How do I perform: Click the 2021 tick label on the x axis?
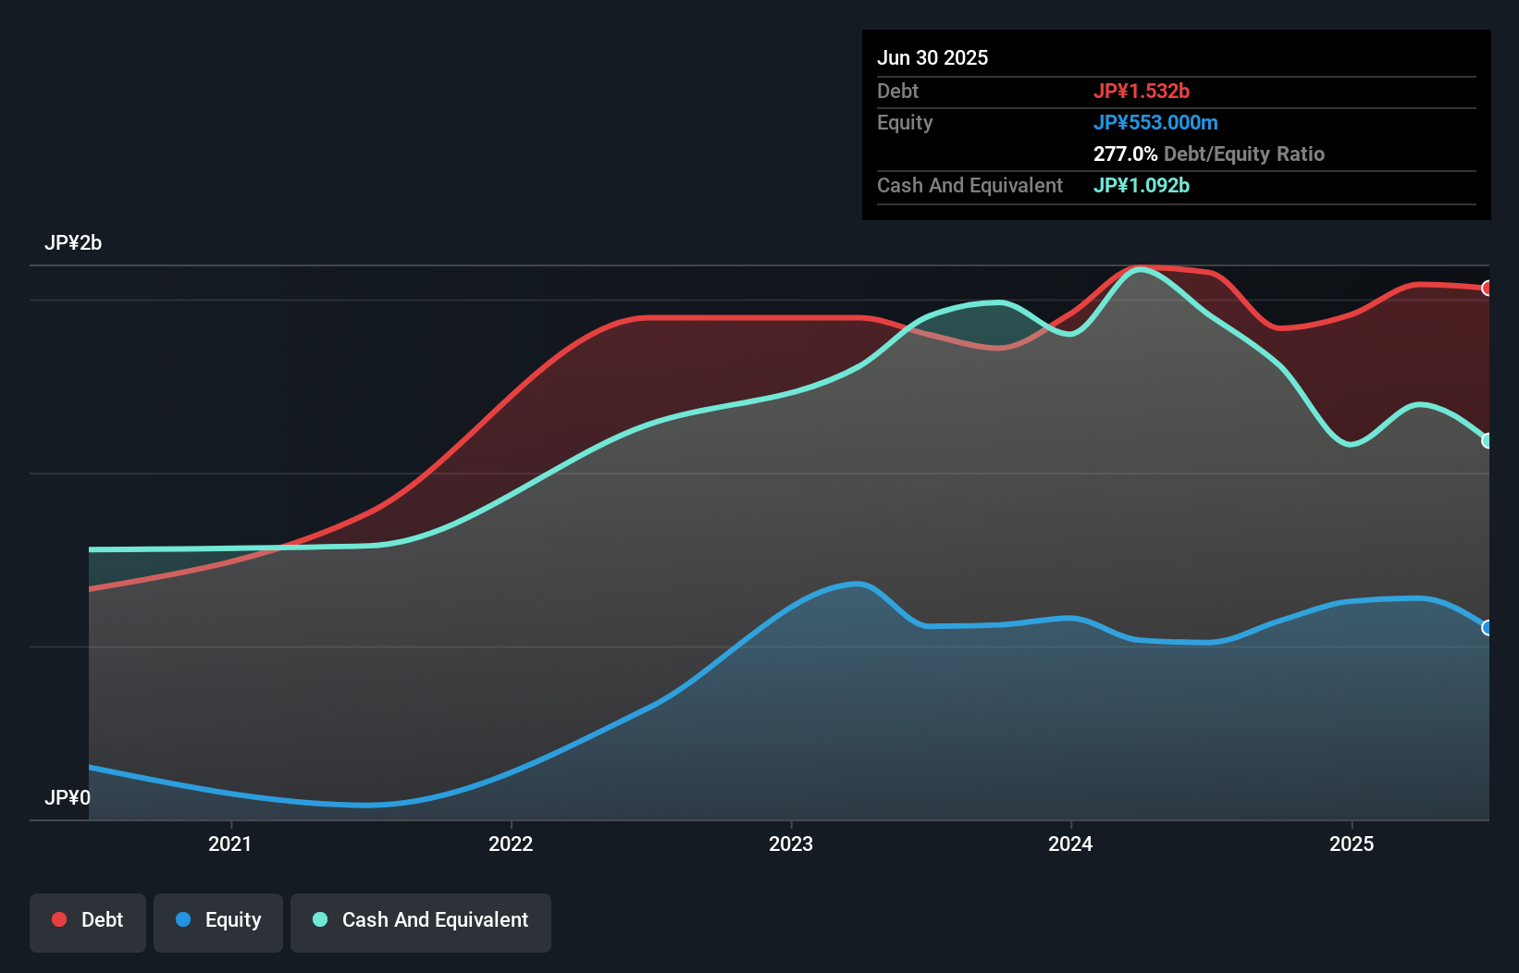(x=229, y=844)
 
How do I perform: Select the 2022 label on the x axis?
(x=511, y=844)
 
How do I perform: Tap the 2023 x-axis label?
(x=791, y=844)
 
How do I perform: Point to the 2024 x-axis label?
(x=1070, y=844)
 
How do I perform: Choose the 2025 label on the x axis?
(x=1352, y=844)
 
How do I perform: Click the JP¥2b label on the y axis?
(x=73, y=243)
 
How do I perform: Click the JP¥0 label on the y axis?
(x=68, y=797)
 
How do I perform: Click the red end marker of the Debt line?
(x=1488, y=289)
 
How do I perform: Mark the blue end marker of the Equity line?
(x=1488, y=628)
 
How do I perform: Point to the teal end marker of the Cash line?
(x=1488, y=441)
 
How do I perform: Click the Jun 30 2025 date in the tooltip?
(x=932, y=57)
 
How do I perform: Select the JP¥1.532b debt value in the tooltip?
(x=1142, y=91)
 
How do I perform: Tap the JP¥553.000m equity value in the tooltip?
(x=1155, y=122)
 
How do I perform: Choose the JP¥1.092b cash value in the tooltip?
(x=1142, y=185)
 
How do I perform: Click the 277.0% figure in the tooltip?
(x=1125, y=154)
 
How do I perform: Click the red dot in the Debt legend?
(x=59, y=920)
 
